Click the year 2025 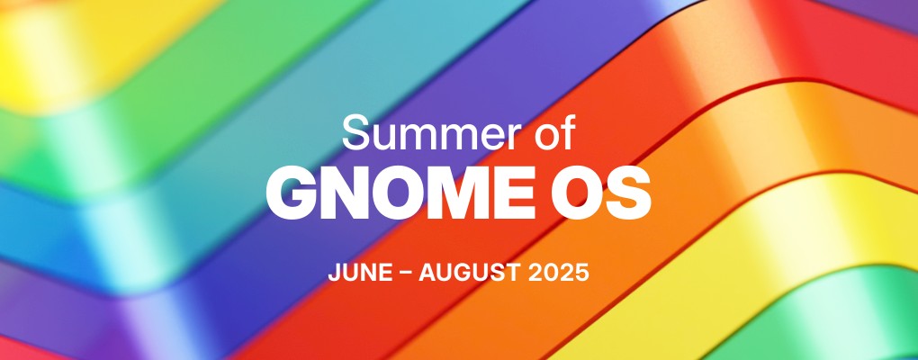pos(558,274)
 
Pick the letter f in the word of pos(567,131)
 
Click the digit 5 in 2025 pos(581,274)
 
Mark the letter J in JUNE pos(334,274)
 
